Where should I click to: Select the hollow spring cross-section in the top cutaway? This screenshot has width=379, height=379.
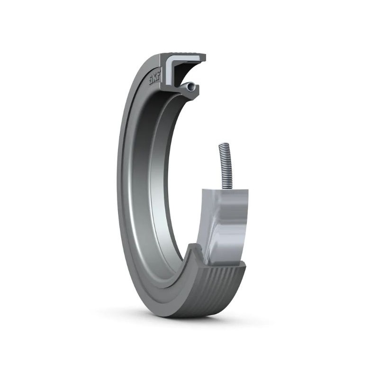pyautogui.click(x=190, y=87)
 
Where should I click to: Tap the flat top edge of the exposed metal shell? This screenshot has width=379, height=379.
pyautogui.click(x=225, y=190)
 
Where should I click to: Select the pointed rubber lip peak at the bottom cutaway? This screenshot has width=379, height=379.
pyautogui.click(x=193, y=246)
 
